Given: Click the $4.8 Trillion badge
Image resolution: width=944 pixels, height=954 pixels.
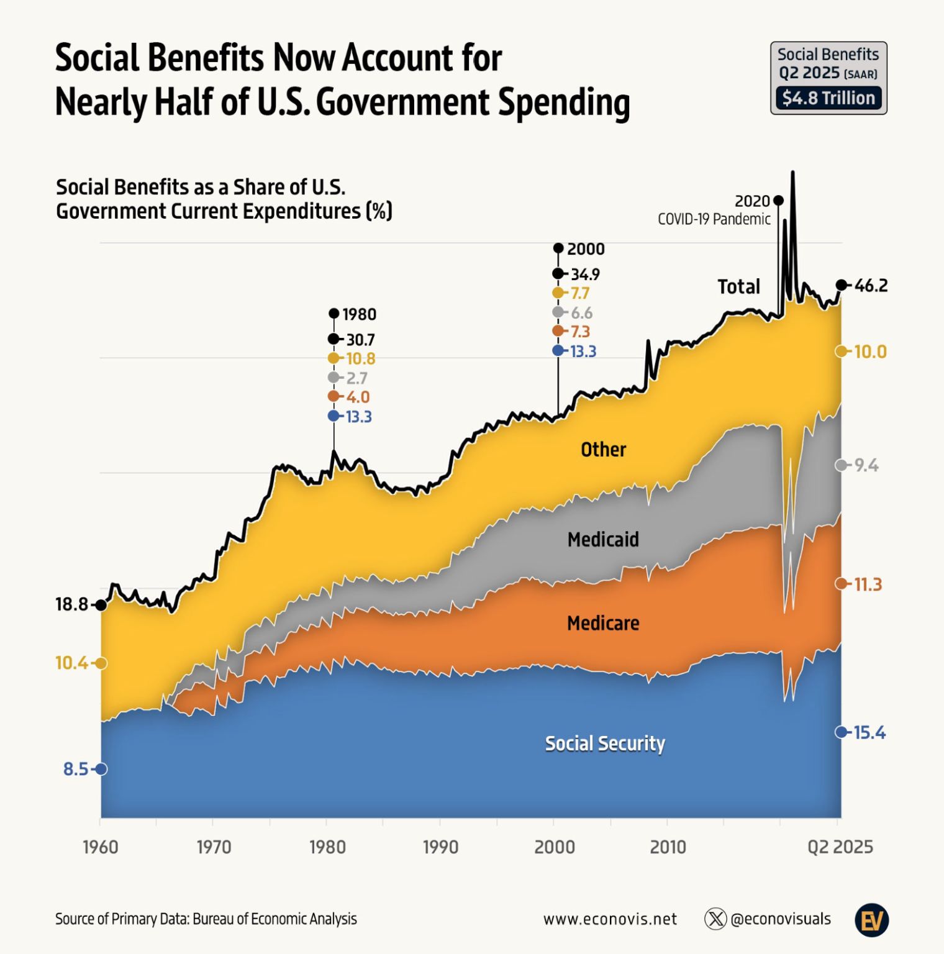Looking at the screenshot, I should (x=828, y=98).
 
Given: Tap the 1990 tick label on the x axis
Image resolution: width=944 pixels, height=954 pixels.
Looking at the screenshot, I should (x=440, y=847).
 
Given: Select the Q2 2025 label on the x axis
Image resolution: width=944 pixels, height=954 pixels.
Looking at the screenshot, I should (x=840, y=847).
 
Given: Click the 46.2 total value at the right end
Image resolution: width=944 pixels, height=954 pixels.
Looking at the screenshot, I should (x=871, y=286).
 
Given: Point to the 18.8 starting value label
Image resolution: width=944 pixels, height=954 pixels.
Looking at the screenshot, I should (x=72, y=604).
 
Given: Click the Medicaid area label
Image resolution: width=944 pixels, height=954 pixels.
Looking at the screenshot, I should (x=603, y=539).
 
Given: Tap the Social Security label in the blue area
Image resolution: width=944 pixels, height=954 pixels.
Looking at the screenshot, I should (x=604, y=743).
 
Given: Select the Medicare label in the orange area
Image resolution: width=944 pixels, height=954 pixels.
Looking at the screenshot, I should (x=603, y=623).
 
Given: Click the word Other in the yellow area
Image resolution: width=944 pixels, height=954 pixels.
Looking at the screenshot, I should (x=603, y=450).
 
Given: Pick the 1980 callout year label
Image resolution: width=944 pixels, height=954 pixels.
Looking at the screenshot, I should (x=359, y=314).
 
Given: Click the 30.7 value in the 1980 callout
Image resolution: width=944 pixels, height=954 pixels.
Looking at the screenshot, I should (x=360, y=340).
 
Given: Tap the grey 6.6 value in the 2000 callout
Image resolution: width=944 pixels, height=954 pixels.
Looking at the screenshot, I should (x=581, y=313).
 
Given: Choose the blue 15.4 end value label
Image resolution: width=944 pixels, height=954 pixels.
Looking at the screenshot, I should (x=869, y=733).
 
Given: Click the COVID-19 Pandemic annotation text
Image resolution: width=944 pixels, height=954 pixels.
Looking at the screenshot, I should (x=714, y=219).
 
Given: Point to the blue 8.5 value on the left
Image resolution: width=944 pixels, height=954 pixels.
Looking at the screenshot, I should (x=76, y=770).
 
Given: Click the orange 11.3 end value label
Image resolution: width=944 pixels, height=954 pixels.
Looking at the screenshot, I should (x=868, y=584).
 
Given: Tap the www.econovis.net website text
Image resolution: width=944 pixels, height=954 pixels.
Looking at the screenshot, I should (x=610, y=919).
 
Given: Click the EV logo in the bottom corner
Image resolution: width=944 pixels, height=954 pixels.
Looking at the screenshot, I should (x=871, y=920).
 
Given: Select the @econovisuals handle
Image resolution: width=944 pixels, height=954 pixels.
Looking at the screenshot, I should (x=780, y=919).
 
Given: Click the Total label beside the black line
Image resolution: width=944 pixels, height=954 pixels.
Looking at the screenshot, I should (x=738, y=287).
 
